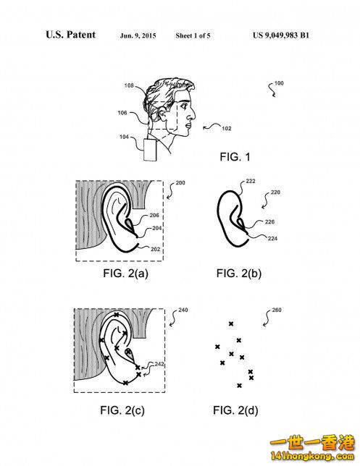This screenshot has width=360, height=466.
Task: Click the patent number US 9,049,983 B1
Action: pos(281,35)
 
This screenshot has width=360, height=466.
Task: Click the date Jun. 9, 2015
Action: pos(138,35)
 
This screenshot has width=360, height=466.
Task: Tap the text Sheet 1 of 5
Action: pos(193,35)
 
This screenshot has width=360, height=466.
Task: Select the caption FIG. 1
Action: pos(235,156)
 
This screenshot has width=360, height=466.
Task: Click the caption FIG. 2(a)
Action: pos(125,273)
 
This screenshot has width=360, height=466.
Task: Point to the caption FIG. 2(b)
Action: pos(239,273)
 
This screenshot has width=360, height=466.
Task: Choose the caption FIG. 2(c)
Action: pos(122,410)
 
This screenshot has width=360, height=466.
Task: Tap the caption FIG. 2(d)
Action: pos(235,410)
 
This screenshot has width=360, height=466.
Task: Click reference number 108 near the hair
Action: pos(129,85)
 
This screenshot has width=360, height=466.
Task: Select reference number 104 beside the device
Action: pos(124,137)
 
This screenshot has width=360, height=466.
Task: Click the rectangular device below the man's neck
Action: pos(150,150)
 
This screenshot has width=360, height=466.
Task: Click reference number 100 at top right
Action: pos(279,83)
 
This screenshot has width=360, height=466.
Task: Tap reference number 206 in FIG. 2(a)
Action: pos(154,215)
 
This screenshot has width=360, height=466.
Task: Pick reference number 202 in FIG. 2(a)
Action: pos(155,249)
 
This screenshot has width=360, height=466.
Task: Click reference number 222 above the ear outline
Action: pos(251,181)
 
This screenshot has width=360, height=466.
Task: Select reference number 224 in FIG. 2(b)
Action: pos(272,238)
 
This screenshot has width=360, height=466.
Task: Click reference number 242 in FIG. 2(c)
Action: pos(159,364)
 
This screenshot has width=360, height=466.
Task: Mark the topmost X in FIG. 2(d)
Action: pos(231,323)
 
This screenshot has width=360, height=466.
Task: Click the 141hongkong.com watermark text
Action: pos(311,456)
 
